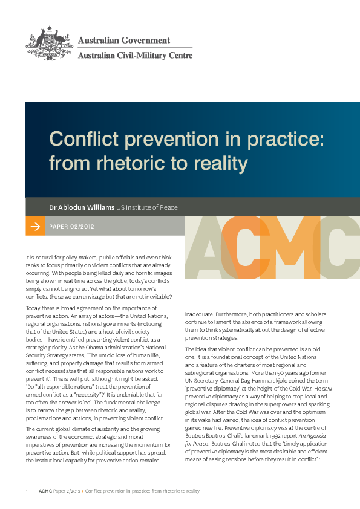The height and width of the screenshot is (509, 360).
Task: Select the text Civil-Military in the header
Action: (143, 56)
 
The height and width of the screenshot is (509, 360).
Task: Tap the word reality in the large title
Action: (222, 164)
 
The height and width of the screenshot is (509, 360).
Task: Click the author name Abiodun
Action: (74, 207)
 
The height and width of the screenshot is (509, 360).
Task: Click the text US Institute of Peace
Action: (147, 207)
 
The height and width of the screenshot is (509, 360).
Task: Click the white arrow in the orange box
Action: (34, 227)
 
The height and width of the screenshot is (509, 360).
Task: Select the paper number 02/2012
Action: (83, 227)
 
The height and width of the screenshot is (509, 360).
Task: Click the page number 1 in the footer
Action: (27, 491)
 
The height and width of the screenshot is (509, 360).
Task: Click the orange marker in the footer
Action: (82, 491)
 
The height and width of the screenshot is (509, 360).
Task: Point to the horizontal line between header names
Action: (135, 48)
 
